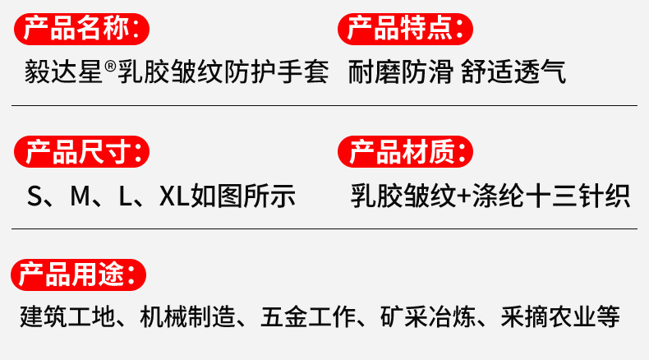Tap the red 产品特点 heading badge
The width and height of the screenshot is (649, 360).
[406, 30]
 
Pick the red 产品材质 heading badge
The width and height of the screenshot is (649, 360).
[406, 152]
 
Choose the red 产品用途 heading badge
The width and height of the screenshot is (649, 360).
[78, 274]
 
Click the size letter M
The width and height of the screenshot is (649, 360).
[80, 196]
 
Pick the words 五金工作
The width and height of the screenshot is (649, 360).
[306, 317]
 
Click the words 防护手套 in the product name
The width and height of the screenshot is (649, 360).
[283, 72]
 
